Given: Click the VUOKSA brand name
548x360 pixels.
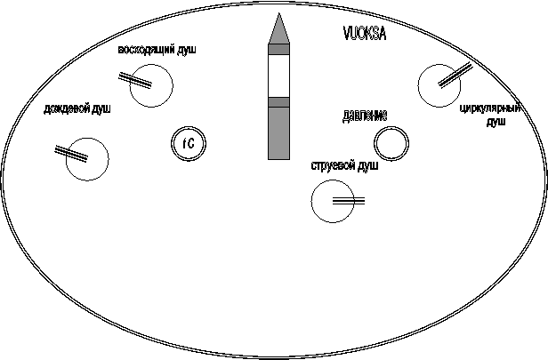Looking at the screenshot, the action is click(365, 34).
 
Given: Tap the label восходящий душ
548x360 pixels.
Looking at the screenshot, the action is click(157, 50).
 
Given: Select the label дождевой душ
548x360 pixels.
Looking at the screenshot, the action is click(77, 109).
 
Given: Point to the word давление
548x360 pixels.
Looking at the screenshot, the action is click(365, 116).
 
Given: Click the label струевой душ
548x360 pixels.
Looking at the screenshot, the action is click(344, 165).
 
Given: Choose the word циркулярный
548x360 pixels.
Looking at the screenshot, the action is click(490, 108).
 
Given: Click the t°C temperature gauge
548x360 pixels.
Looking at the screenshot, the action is click(189, 143).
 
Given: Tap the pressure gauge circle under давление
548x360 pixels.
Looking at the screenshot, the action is click(391, 143).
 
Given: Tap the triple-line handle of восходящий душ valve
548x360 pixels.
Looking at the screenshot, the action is click(135, 80).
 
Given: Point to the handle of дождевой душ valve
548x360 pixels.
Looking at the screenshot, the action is click(71, 154).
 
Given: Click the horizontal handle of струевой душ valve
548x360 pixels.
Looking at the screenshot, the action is click(349, 201).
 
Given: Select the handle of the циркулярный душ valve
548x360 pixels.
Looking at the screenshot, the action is click(455, 75).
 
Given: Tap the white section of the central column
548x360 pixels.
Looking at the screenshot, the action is click(279, 76).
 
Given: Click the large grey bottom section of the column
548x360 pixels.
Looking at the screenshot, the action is click(279, 133).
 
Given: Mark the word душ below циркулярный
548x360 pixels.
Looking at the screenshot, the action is click(496, 122).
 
